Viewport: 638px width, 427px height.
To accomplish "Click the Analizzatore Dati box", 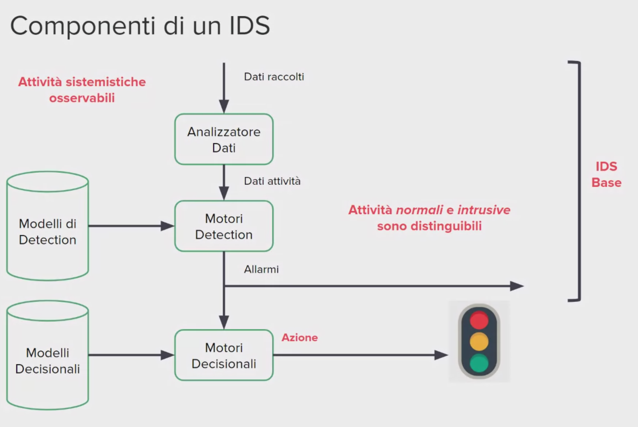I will (224, 139).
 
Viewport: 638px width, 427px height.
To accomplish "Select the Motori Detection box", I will (224, 226).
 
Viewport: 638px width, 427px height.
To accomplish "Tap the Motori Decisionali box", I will (224, 355).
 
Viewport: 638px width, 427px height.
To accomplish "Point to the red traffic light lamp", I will (479, 320).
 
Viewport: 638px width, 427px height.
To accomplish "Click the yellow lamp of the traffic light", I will (479, 341).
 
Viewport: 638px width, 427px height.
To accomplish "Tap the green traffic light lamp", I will (479, 363).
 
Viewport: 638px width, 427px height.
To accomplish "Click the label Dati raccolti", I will (274, 77).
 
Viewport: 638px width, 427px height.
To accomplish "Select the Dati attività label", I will (272, 181).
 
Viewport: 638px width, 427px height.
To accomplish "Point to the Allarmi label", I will (261, 269).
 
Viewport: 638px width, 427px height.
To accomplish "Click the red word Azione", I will (300, 338).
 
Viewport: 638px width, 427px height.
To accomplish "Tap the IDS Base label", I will (606, 174).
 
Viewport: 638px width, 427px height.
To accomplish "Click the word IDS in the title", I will (250, 25).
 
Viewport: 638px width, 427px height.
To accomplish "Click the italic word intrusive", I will (484, 210).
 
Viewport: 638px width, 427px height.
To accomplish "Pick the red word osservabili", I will (82, 98).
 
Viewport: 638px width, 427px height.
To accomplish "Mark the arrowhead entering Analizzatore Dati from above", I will (224, 106).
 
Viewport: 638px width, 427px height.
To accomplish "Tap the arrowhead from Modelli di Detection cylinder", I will (167, 226).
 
